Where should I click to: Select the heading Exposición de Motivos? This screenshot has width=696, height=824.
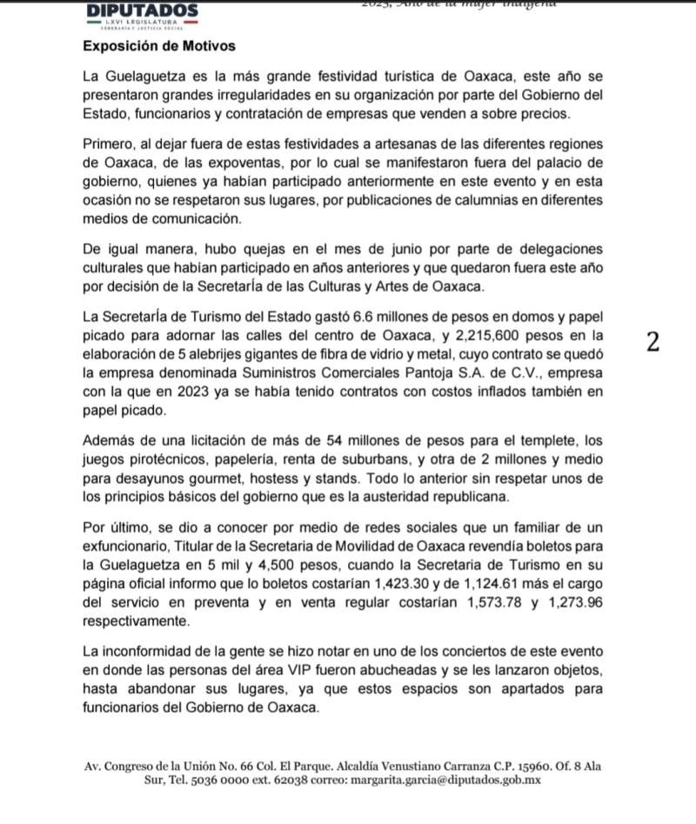click(x=159, y=45)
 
